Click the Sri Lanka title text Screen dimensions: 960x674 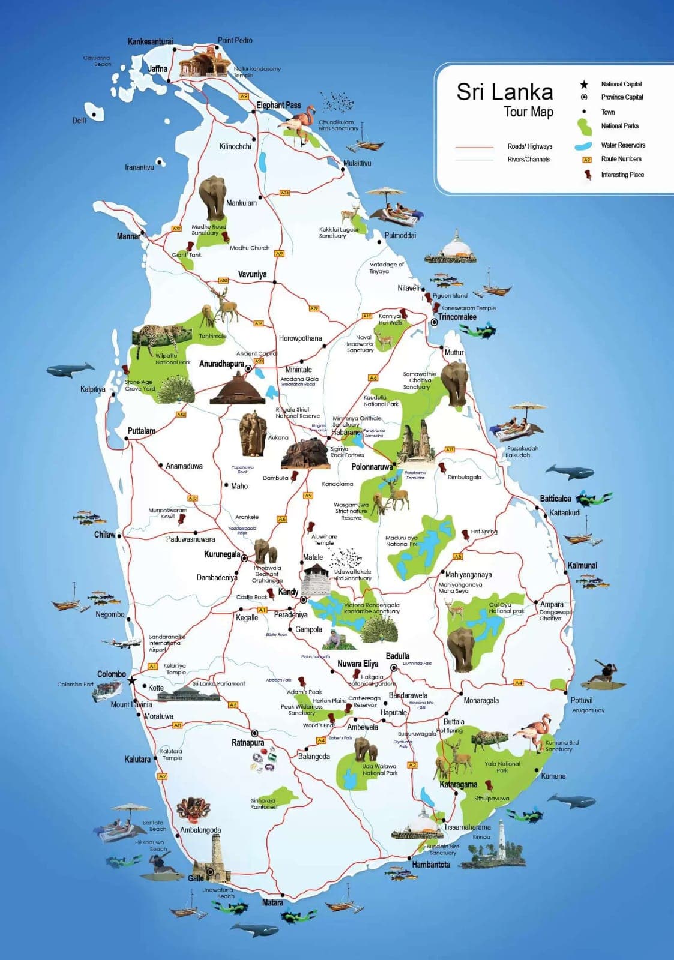[x=504, y=92]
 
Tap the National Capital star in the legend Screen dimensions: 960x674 [x=584, y=84]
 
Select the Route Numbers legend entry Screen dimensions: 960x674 [x=621, y=159]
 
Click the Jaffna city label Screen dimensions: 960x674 [x=158, y=68]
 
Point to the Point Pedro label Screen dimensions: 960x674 [x=235, y=40]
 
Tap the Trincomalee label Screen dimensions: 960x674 [x=457, y=317]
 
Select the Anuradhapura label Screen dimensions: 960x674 [x=221, y=364]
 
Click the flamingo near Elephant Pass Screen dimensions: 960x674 [x=300, y=123]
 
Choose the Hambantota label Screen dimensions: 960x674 [x=431, y=865]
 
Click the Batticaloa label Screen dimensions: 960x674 [x=555, y=499]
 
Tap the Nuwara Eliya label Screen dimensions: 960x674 [x=358, y=664]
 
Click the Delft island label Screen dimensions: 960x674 [x=79, y=120]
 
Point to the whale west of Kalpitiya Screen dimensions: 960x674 [x=70, y=370]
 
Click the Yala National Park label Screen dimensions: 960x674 [x=502, y=767]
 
